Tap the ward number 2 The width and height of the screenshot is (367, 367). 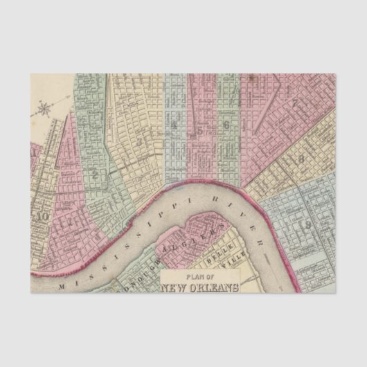93,175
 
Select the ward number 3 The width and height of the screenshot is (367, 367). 138,141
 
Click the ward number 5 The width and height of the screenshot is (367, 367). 201,129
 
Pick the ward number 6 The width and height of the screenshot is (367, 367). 226,125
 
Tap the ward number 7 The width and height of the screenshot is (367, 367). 295,104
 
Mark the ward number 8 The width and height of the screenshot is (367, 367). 302,159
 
